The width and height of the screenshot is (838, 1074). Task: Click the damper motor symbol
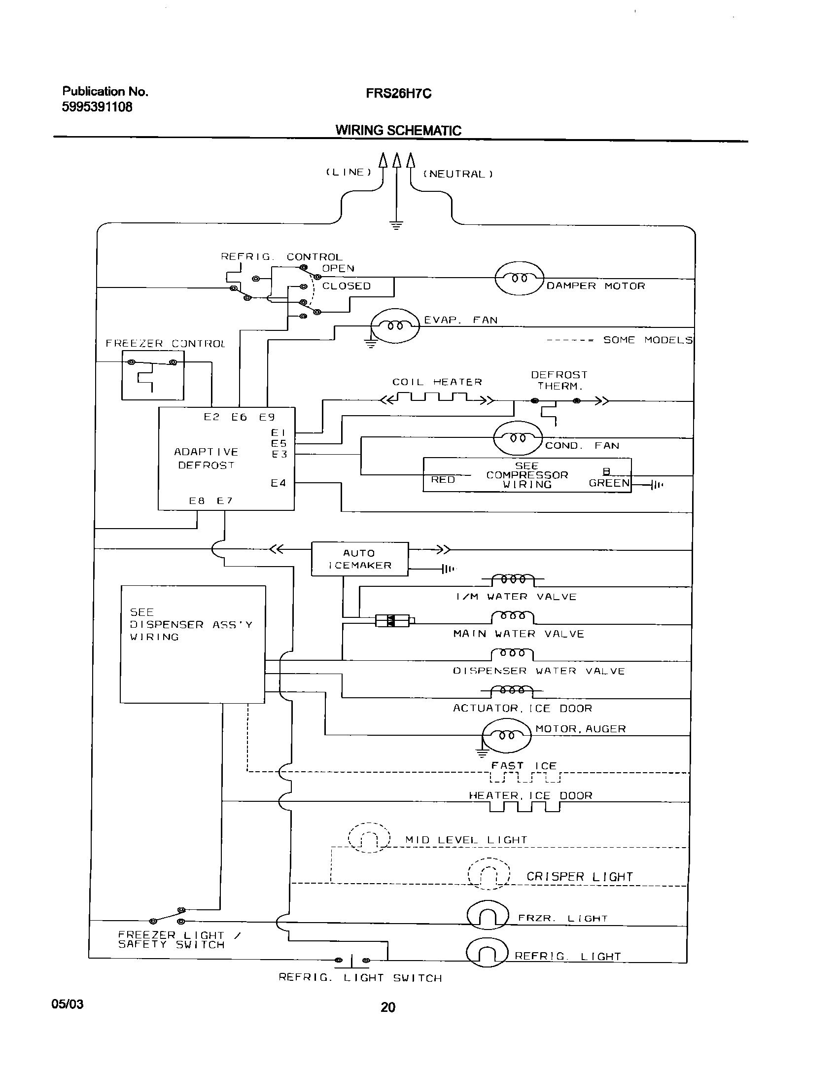click(519, 278)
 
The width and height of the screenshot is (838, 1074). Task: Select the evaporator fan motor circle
click(394, 325)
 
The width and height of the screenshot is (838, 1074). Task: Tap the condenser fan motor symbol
click(518, 438)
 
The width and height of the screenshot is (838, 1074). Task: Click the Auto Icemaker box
click(360, 559)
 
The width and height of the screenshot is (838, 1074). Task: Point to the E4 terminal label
click(278, 483)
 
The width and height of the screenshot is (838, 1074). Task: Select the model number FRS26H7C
click(398, 94)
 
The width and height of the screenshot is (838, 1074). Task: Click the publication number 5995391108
click(97, 107)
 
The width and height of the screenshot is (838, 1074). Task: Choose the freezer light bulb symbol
click(487, 916)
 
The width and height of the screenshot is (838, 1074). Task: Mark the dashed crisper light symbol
click(489, 874)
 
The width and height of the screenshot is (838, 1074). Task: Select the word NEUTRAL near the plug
click(458, 174)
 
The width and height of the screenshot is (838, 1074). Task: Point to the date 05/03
click(68, 1004)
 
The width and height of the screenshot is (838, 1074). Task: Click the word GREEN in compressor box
click(609, 483)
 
